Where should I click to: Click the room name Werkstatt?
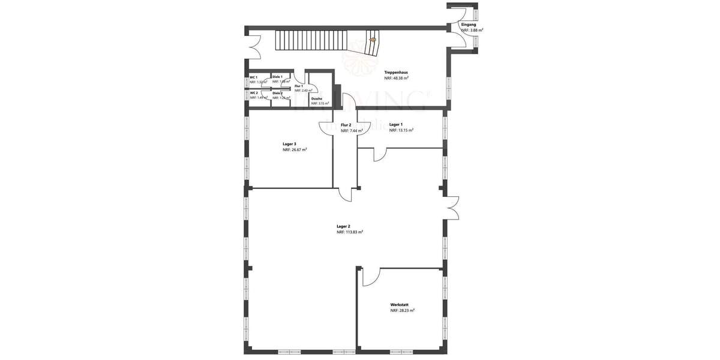coord(400,305)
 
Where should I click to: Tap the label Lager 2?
coord(344,226)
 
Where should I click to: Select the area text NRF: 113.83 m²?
coord(350,232)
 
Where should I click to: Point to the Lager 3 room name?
coord(290,144)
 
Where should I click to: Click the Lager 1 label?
coord(396,124)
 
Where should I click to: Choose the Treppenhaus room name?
coord(396,72)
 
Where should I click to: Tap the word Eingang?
coord(468,25)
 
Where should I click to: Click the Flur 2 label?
coord(346,125)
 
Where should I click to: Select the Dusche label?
coord(317,98)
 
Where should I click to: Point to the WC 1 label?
coord(253,77)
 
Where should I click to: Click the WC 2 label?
coord(253,93)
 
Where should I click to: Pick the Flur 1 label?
coord(298,86)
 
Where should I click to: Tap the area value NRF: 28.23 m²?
coord(403,311)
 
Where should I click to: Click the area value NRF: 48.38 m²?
coord(397,78)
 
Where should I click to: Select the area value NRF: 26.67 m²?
coord(295,150)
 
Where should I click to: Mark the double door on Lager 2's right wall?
coord(452,207)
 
